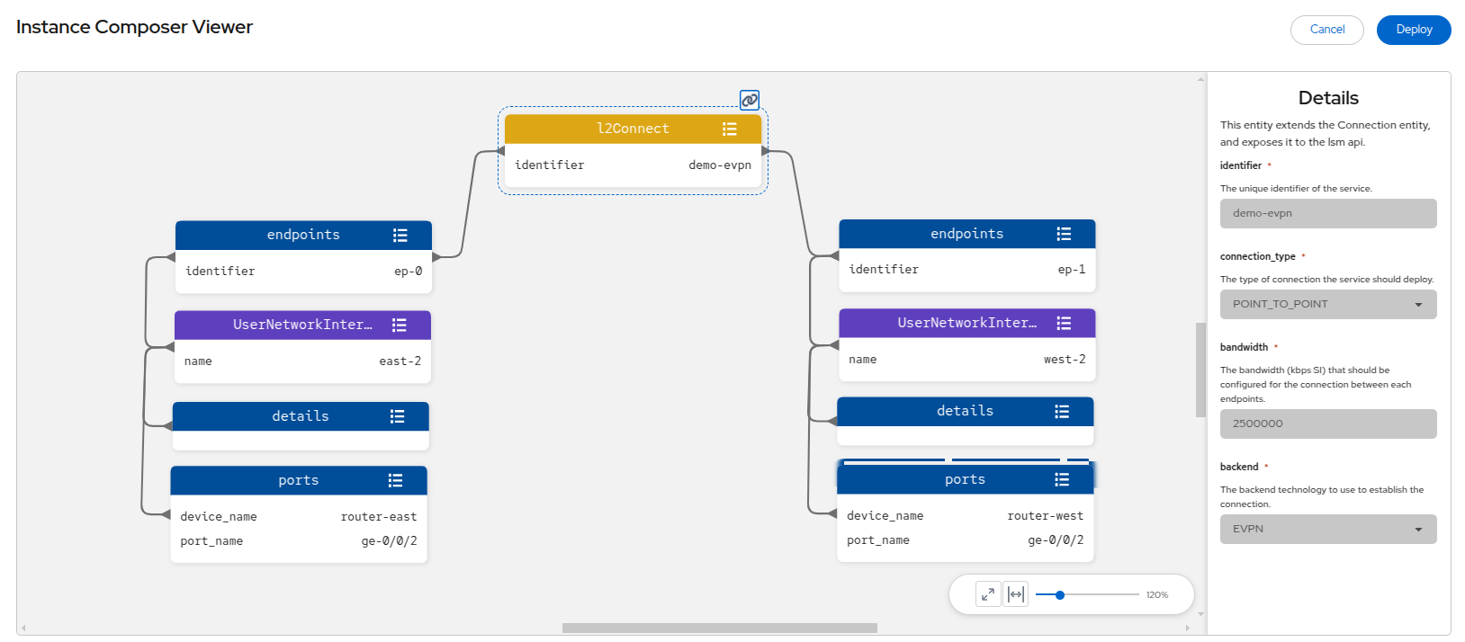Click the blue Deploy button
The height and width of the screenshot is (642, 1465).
[1414, 30]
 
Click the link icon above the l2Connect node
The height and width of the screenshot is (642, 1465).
[750, 100]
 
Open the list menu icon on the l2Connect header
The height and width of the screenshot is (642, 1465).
[729, 129]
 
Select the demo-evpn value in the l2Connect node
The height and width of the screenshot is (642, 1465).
[719, 165]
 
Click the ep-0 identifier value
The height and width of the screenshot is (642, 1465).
[409, 271]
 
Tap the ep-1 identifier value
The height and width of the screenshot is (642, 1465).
[1071, 269]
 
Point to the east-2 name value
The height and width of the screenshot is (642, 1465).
[400, 361]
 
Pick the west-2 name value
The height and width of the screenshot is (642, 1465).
[1065, 359]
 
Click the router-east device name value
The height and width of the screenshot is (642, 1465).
[379, 516]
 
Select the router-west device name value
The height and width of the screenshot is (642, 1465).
[1045, 515]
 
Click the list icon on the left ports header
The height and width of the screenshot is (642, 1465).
[395, 480]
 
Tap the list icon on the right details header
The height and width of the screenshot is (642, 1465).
[1062, 411]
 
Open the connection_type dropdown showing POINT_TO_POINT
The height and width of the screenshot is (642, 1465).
[1328, 304]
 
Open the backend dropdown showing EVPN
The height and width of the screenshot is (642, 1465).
[1328, 529]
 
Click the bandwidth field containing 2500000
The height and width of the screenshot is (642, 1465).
[1328, 424]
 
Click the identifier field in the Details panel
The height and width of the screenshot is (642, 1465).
[1328, 213]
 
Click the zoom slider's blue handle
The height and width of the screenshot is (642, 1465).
[1059, 595]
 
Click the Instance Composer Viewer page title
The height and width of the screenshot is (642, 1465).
[134, 27]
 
